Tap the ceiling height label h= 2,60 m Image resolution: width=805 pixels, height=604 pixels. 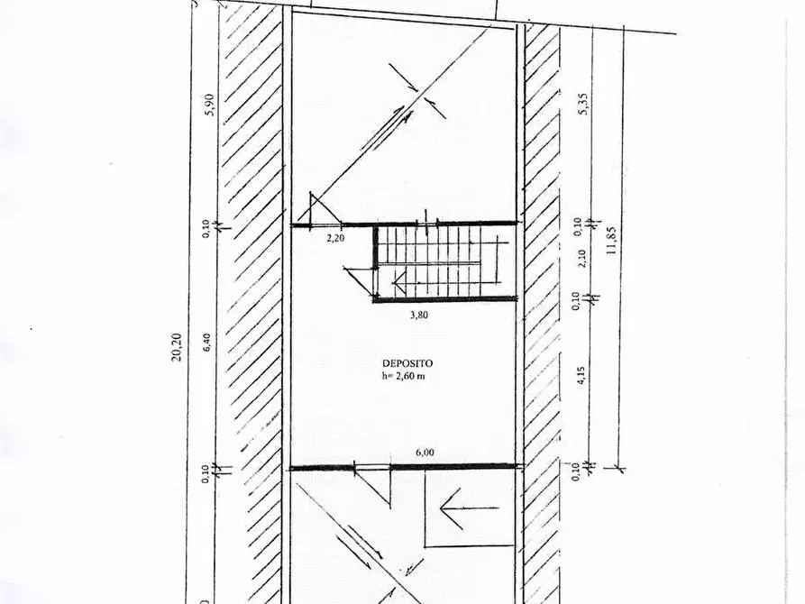(402, 376)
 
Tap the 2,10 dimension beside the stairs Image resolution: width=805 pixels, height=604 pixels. (583, 258)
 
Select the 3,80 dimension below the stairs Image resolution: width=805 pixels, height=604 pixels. (418, 316)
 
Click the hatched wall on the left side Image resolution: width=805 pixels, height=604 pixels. (252, 297)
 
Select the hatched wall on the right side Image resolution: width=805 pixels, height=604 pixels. (542, 297)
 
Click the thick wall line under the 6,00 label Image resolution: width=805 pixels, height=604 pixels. (406, 467)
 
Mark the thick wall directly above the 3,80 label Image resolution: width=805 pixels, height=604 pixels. (445, 300)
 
